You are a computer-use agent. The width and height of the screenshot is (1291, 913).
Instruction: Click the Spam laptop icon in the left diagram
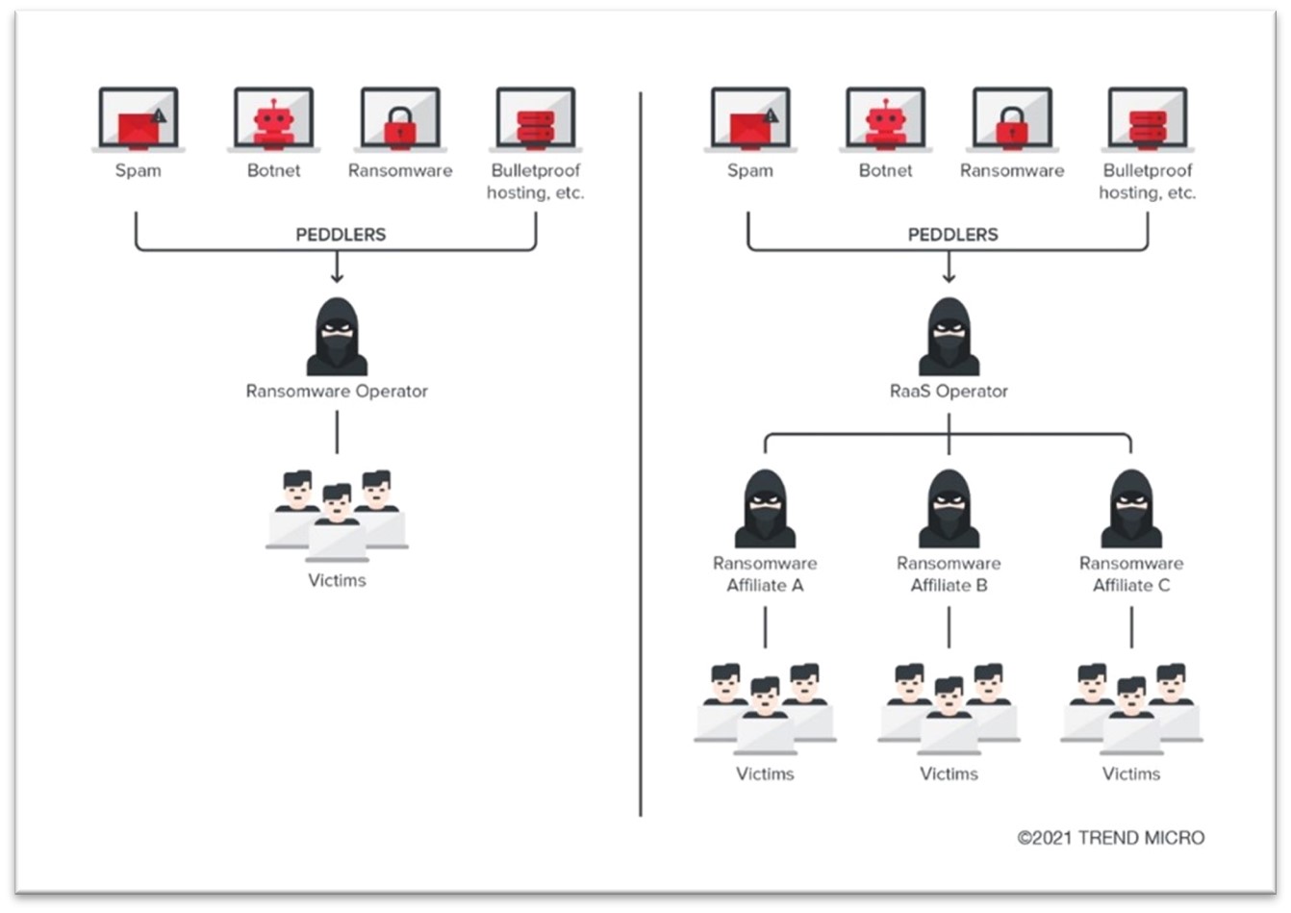[x=139, y=120]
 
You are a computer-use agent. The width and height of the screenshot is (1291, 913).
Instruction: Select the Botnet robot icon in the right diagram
[x=885, y=120]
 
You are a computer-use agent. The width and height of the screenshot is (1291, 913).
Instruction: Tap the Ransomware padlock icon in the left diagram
[x=400, y=120]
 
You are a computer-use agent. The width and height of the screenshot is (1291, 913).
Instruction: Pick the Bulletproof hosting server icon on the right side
[x=1147, y=120]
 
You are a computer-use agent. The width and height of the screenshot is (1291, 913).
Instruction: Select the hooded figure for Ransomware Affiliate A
[x=765, y=509]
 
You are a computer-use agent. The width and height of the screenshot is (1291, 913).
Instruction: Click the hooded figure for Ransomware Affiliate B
[x=949, y=509]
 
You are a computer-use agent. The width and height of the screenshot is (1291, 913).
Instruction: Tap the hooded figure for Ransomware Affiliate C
[x=1131, y=509]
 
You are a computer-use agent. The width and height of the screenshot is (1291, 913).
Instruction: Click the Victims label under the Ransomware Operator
[x=337, y=580]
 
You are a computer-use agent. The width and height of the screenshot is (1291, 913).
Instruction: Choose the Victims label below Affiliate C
[x=1131, y=774]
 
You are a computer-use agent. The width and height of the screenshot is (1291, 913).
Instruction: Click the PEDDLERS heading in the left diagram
[x=341, y=235]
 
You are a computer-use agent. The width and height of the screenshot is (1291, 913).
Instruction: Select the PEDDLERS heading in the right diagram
[x=952, y=235]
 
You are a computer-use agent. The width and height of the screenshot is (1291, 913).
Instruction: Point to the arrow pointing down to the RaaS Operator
[x=949, y=268]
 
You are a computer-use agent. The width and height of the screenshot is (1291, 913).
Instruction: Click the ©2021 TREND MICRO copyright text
[x=1110, y=838]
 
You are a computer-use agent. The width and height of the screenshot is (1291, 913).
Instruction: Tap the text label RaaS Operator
[x=949, y=392]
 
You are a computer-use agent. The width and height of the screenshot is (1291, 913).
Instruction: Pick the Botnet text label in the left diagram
[x=273, y=170]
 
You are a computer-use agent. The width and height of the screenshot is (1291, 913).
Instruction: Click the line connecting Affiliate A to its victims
[x=765, y=627]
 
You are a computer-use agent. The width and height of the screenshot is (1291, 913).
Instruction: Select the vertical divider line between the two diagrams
[x=641, y=452]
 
